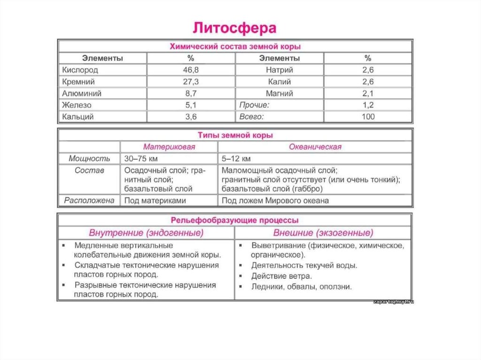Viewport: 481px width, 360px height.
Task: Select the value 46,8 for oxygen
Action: click(x=191, y=70)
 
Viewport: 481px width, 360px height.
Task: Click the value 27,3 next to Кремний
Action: click(x=191, y=82)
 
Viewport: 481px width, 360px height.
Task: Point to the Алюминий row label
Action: click(x=82, y=93)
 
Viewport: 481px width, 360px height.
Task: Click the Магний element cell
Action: click(x=279, y=93)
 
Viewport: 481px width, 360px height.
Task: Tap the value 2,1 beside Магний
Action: click(x=368, y=93)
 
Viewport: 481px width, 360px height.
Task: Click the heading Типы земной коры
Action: click(x=235, y=135)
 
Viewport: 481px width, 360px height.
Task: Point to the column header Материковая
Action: click(x=169, y=147)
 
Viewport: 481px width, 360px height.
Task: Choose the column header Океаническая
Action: click(x=315, y=147)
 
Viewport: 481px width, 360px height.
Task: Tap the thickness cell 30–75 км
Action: click(x=141, y=159)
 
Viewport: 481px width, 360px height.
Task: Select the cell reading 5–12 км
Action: click(x=236, y=159)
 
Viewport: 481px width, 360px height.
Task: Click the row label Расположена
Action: click(x=89, y=200)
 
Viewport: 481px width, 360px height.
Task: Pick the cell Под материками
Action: click(x=155, y=200)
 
